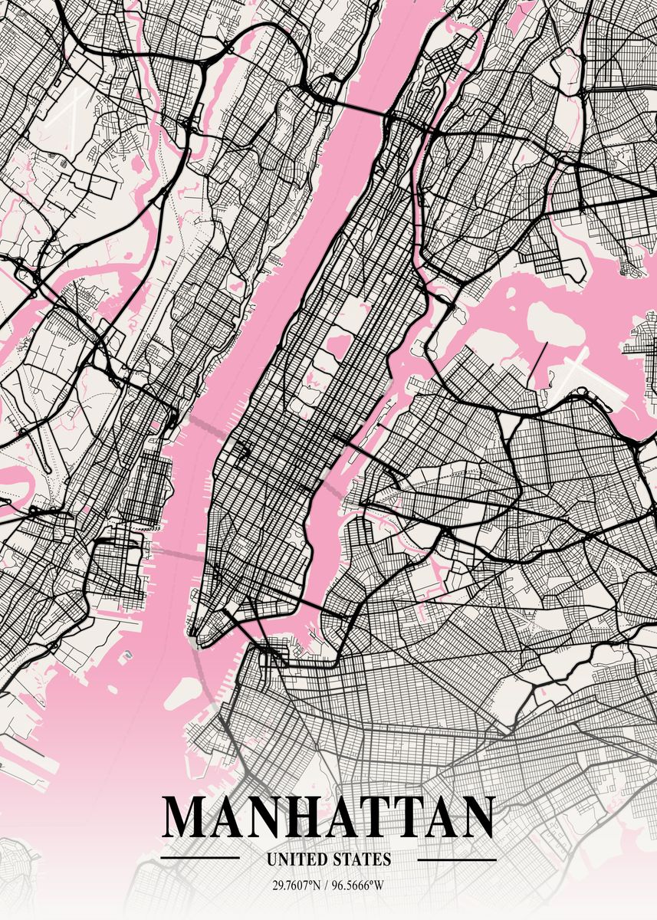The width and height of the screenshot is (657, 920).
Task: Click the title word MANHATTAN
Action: [x=329, y=817]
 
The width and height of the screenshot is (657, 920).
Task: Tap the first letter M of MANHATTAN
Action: [x=184, y=817]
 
